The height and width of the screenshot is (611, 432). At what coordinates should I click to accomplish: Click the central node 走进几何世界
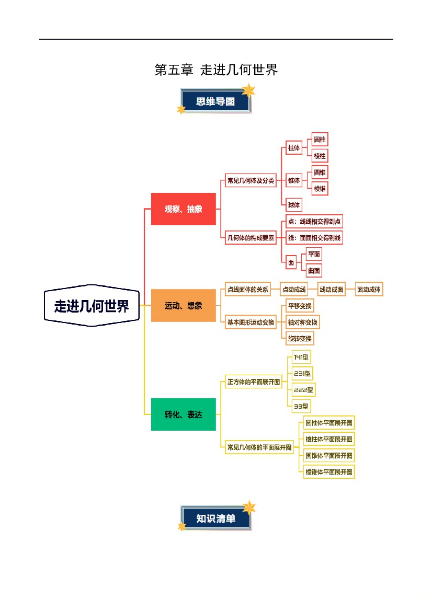click(92, 305)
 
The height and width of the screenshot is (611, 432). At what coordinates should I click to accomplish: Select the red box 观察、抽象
click(183, 209)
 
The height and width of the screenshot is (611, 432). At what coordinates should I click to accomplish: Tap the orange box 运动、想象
click(183, 305)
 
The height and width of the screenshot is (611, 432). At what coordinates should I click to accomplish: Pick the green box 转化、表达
click(183, 414)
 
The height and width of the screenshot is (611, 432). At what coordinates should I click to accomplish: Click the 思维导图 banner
click(215, 101)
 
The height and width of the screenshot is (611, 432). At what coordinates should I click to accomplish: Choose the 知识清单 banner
click(215, 518)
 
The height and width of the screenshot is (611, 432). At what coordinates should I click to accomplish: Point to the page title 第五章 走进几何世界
click(216, 70)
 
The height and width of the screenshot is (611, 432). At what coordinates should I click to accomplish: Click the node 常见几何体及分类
click(251, 180)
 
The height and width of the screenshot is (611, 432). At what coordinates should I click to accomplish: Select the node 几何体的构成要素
click(251, 238)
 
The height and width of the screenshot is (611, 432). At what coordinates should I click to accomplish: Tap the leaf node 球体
click(294, 205)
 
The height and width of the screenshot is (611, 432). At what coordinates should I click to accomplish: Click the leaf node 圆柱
click(320, 140)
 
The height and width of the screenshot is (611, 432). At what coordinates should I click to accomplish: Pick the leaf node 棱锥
click(320, 189)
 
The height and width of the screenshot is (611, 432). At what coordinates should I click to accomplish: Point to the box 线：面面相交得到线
click(314, 238)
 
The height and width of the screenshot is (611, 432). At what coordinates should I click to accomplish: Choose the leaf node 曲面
click(314, 270)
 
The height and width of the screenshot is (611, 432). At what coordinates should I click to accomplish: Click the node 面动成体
click(369, 289)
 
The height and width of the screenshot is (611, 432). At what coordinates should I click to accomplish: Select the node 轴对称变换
click(302, 322)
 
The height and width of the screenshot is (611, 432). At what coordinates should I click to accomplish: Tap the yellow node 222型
click(303, 390)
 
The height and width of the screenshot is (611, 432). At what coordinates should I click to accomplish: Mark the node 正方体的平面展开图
click(254, 382)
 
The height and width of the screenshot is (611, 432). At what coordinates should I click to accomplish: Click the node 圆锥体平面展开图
click(328, 456)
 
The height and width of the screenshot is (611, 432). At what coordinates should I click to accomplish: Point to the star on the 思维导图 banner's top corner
click(248, 91)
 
